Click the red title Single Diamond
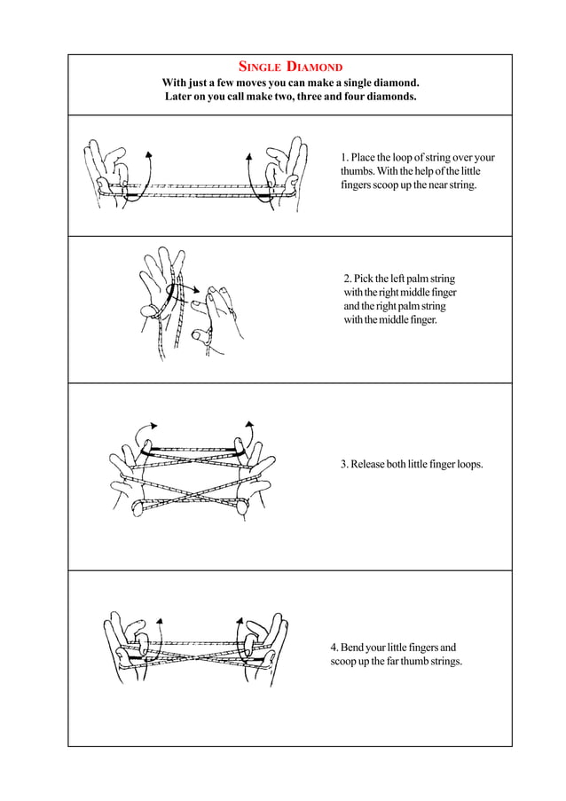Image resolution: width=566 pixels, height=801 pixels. tap(291, 67)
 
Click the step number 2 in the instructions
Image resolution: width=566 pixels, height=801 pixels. tap(347, 279)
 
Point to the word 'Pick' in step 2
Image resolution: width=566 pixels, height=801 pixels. tap(366, 279)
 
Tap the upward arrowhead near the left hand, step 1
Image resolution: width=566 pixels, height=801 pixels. tap(148, 153)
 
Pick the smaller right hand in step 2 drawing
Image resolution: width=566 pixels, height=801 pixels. tap(212, 310)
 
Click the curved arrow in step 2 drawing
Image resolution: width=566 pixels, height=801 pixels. tap(184, 291)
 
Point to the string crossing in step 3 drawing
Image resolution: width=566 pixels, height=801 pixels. tap(191, 491)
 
